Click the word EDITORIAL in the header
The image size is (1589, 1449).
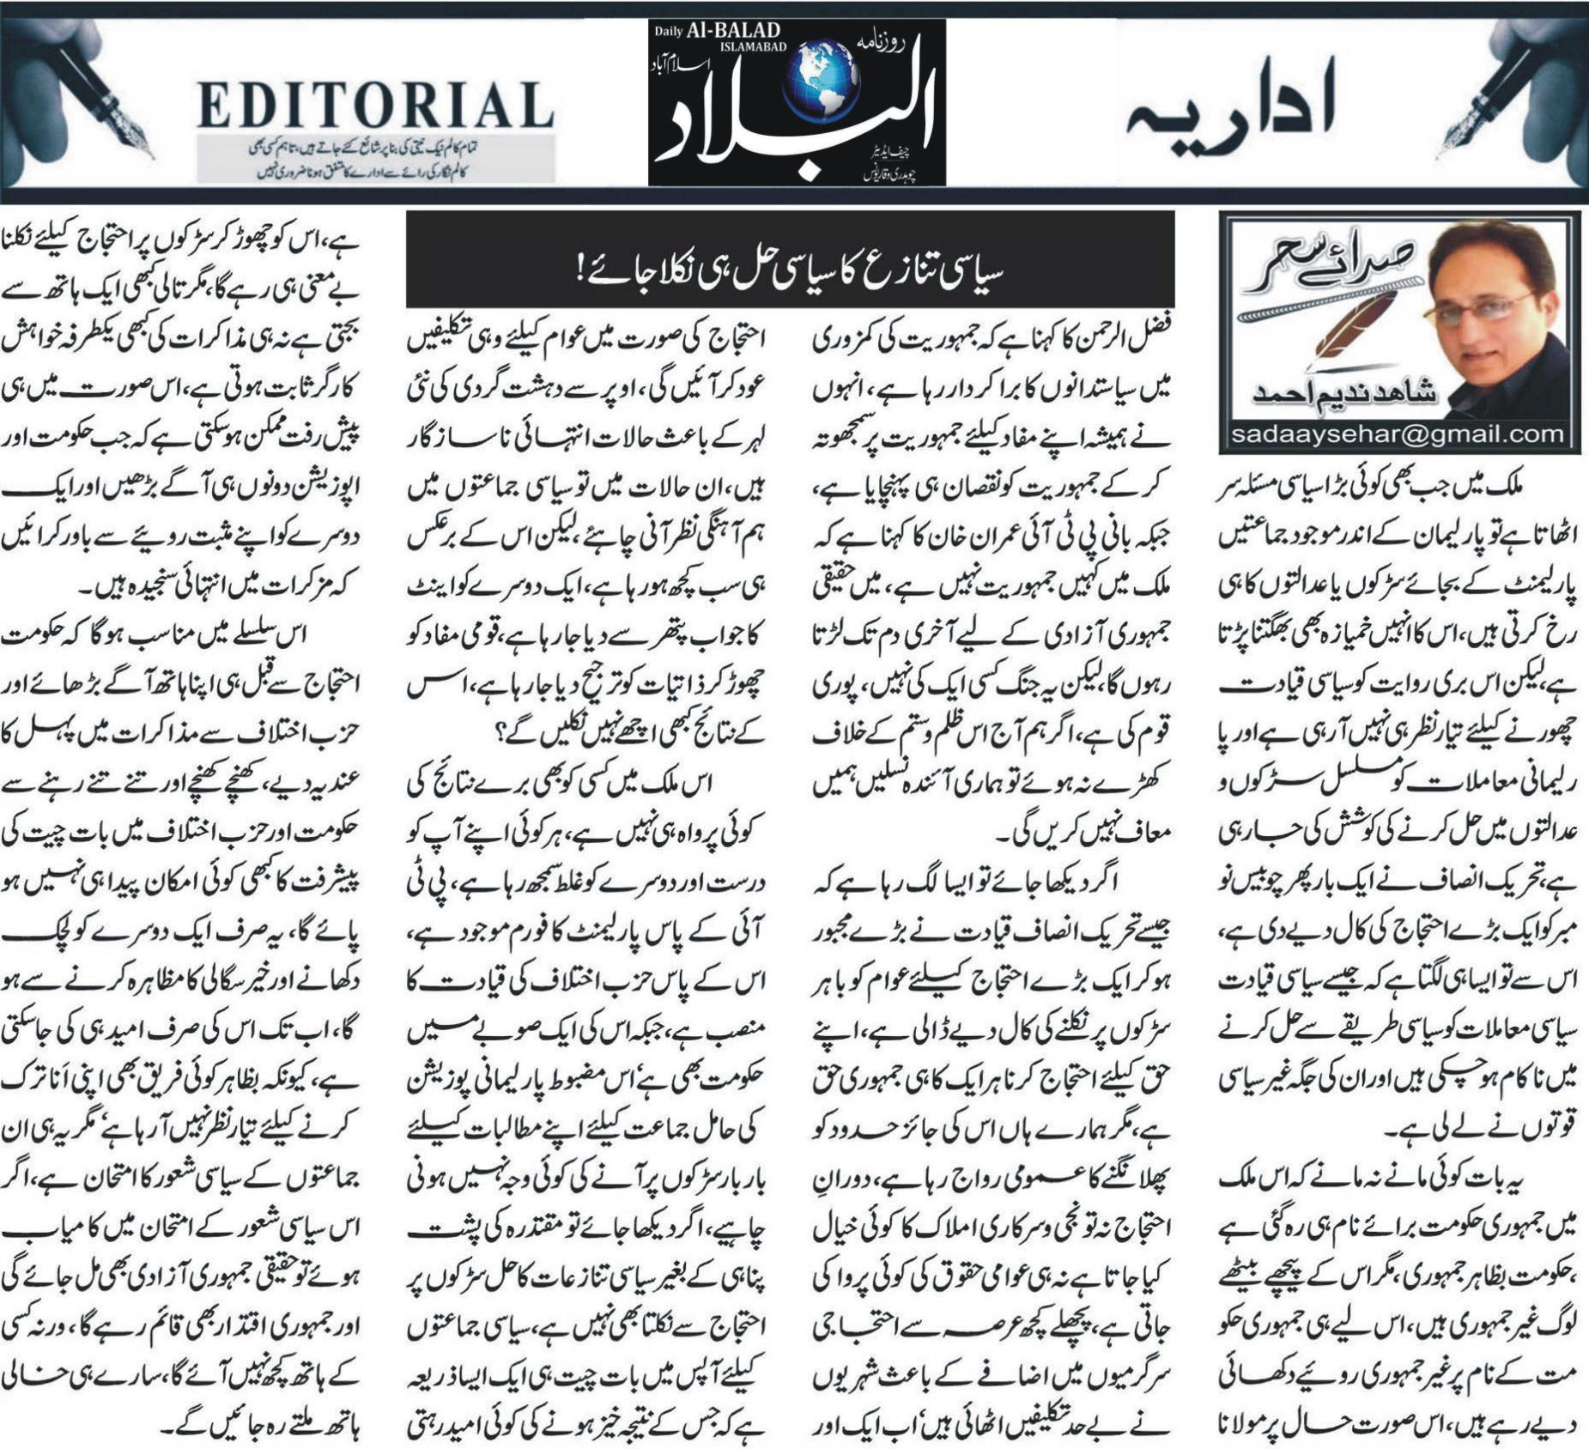point(375,106)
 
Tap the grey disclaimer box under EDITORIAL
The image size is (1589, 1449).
point(375,158)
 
